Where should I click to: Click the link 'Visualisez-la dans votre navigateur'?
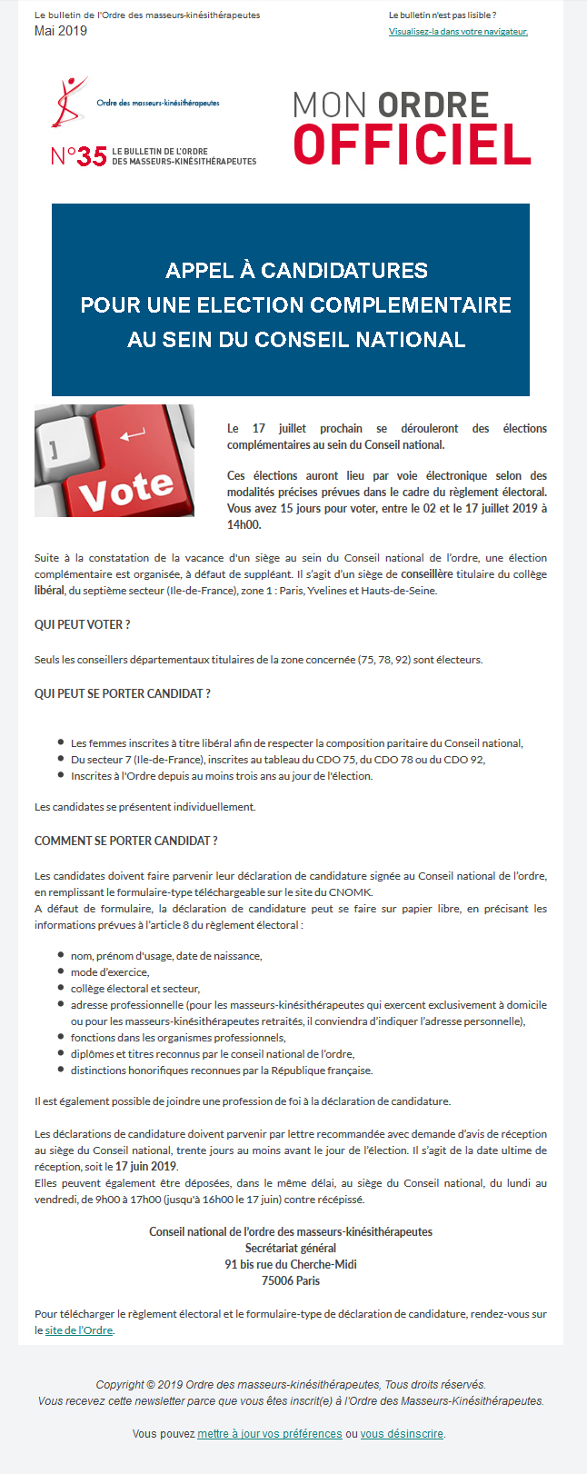458,32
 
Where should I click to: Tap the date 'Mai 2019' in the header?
61,31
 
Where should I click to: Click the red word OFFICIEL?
412,145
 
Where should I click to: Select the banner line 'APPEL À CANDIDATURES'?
296,271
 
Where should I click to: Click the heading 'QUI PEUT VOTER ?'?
82,624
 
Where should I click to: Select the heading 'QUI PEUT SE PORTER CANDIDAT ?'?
123,693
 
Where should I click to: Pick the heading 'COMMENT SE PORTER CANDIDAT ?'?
125,841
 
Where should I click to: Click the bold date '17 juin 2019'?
145,1167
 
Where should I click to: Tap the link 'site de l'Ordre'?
79,1330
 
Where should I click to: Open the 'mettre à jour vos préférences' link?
270,1434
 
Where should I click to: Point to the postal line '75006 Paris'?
291,1281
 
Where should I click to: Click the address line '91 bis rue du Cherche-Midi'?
291,1265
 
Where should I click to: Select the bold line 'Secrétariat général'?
291,1249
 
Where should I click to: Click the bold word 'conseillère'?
427,574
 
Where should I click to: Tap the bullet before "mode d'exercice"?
61,971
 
